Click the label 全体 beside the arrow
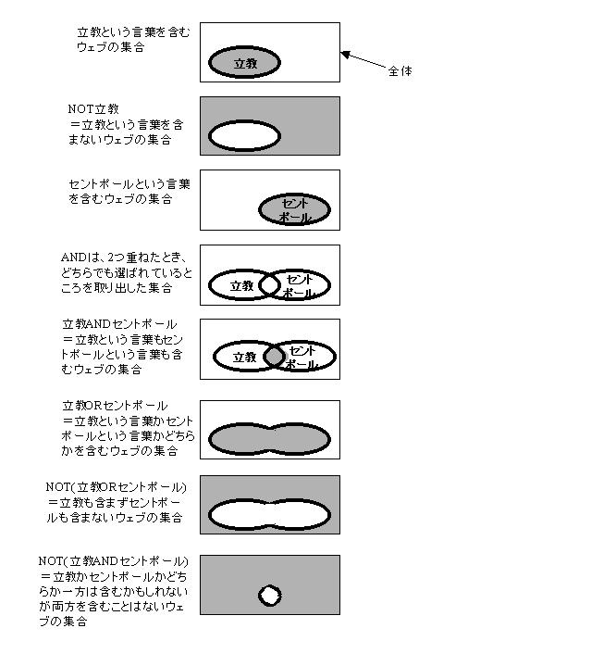point(400,71)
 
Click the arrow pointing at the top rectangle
point(363,60)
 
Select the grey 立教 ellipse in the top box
point(244,62)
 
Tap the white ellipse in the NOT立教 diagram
point(244,136)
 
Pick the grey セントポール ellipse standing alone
point(295,209)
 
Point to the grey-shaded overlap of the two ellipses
point(275,357)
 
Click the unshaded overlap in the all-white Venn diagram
point(270,284)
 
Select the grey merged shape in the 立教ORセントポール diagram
point(270,439)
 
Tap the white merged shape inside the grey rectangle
point(270,514)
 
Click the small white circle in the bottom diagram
point(270,596)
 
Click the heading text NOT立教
point(93,109)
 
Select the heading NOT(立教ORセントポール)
point(116,486)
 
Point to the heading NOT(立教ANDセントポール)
point(113,561)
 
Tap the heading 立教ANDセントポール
point(119,324)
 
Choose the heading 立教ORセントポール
point(115,406)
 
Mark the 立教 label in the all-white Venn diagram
point(241,285)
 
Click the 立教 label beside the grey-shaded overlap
point(244,357)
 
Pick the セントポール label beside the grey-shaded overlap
point(302,358)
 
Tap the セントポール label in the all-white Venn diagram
point(299,286)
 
